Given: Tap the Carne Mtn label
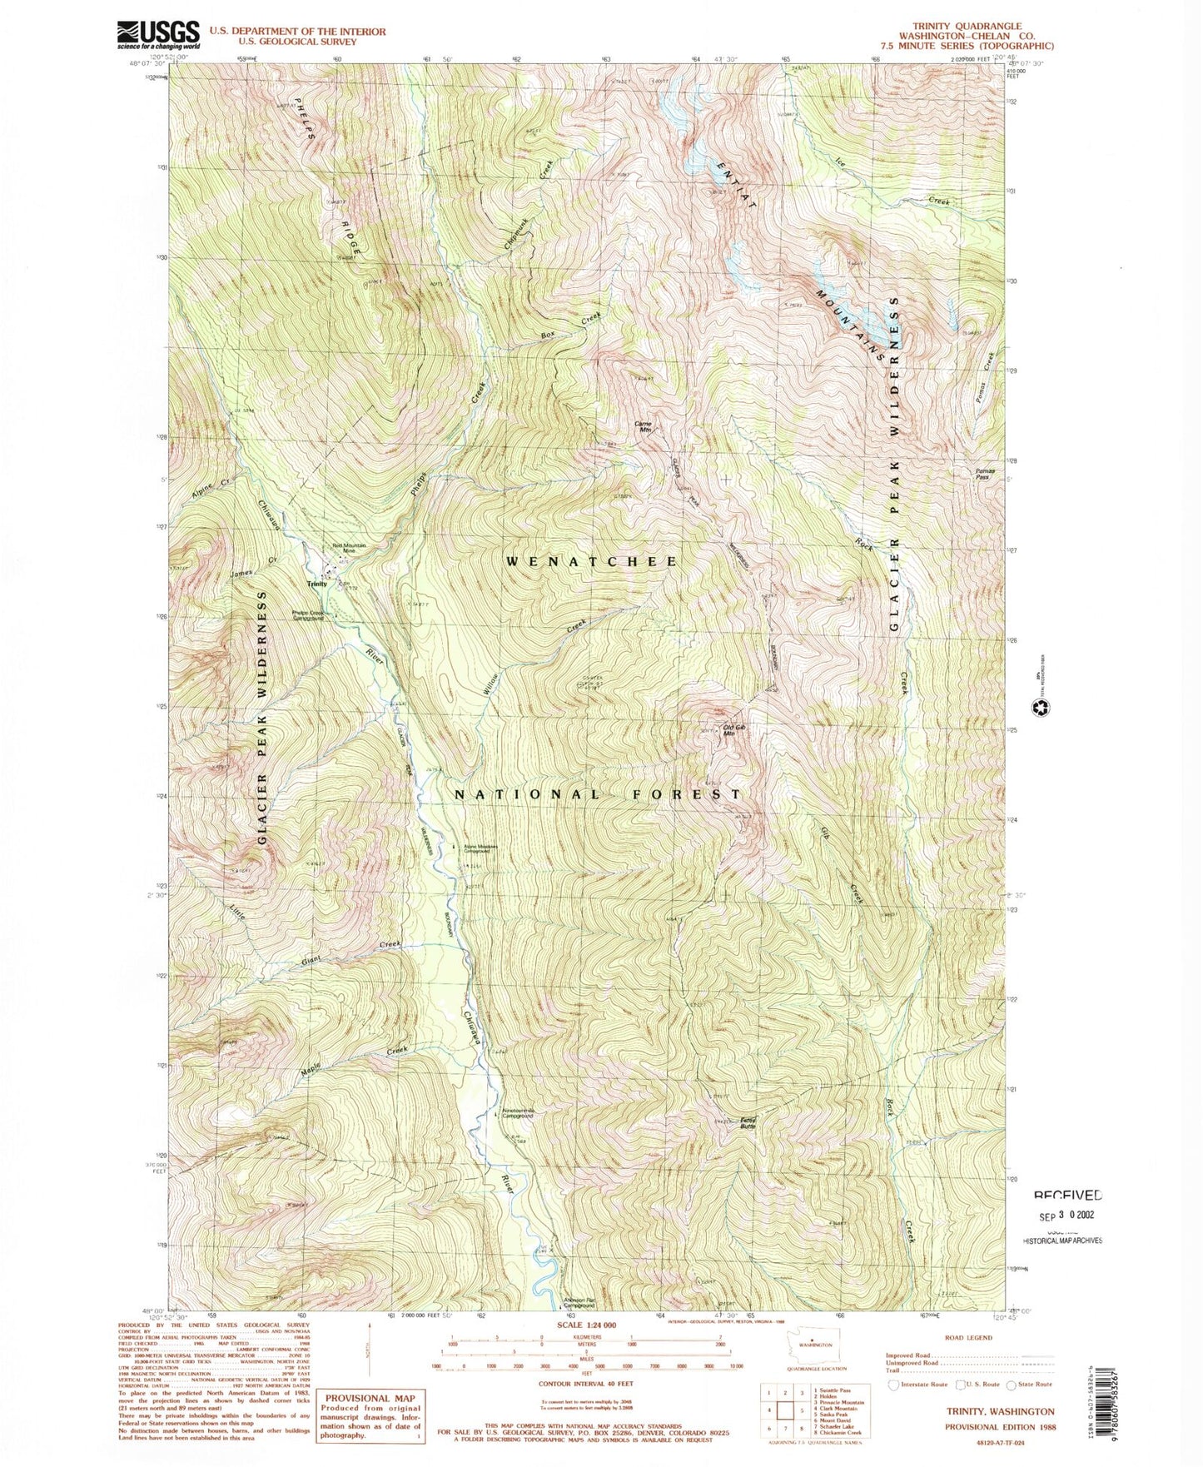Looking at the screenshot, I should (x=643, y=426).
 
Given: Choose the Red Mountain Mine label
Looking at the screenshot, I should (x=350, y=548).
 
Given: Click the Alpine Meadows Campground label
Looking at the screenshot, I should (x=480, y=849).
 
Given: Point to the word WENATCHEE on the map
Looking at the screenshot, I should (x=592, y=562).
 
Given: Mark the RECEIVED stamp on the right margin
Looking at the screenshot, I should (x=1067, y=1195).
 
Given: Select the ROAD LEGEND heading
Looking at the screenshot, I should (x=969, y=1337).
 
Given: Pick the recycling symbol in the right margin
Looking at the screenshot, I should (x=1041, y=709).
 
